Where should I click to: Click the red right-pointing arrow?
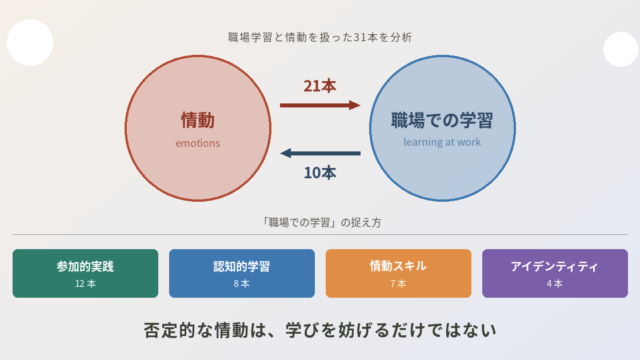[x=320, y=105]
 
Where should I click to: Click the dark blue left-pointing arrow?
[x=320, y=153]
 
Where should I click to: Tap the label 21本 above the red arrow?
[x=320, y=86]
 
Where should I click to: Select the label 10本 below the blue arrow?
[x=320, y=173]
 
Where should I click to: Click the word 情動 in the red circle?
[x=198, y=120]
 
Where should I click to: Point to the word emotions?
[x=198, y=143]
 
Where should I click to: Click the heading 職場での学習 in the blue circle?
[x=442, y=120]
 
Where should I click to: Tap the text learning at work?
[x=442, y=142]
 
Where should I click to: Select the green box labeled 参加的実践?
[x=85, y=273]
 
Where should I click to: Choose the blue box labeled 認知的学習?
[x=242, y=273]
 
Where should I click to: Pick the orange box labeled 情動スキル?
[x=398, y=273]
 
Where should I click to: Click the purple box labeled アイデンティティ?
[x=555, y=273]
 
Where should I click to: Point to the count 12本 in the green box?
[x=85, y=284]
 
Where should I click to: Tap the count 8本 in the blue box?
[x=242, y=284]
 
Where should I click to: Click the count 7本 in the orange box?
[x=398, y=284]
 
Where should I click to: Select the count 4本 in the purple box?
[x=555, y=284]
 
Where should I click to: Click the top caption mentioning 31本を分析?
[x=320, y=38]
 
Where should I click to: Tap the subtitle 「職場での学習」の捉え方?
[x=321, y=222]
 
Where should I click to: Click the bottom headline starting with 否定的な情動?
[x=320, y=330]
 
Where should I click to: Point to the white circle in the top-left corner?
[x=30, y=42]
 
